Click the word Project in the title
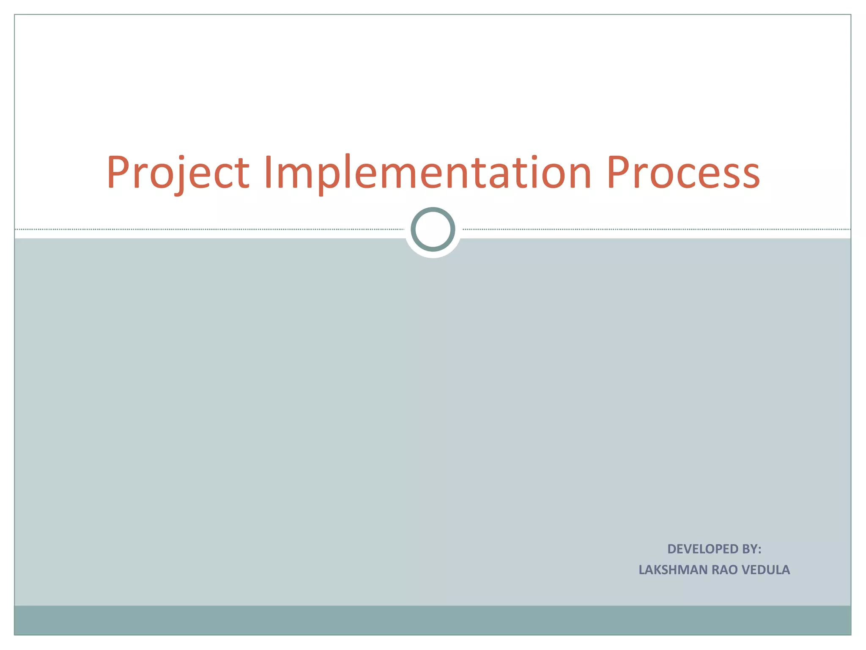[178, 173]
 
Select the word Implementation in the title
[428, 173]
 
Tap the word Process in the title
[683, 173]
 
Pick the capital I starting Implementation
[268, 172]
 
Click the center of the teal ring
[433, 229]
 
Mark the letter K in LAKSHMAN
[658, 570]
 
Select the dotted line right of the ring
[655, 229]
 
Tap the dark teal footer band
[433, 620]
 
